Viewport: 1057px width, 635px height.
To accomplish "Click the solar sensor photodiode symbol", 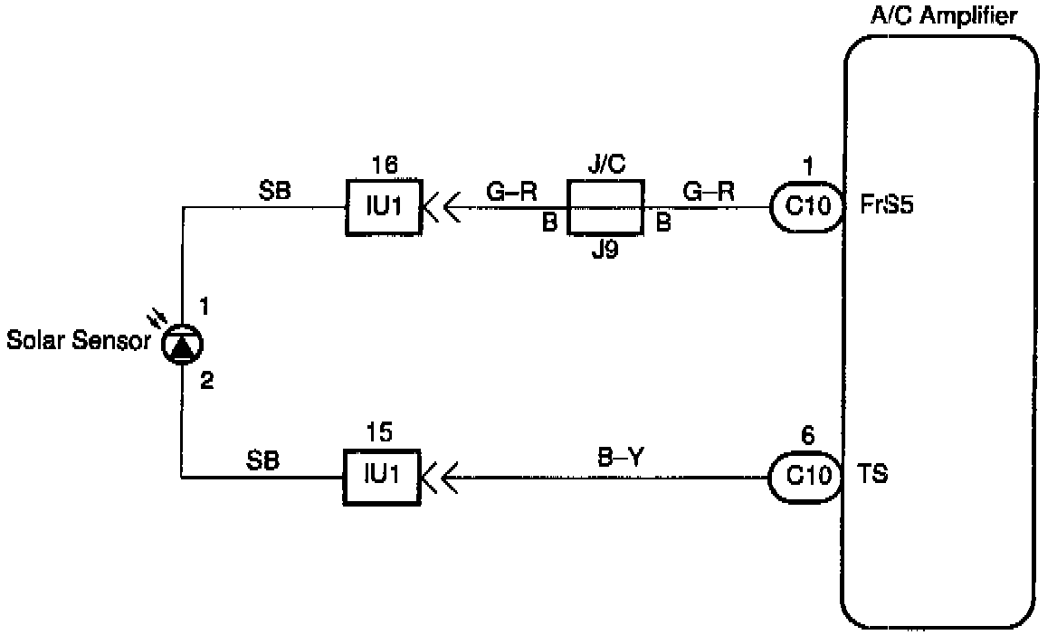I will (x=182, y=344).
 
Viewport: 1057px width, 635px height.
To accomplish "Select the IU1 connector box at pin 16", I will (x=384, y=207).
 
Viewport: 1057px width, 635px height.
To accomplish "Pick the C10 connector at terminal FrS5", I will (x=806, y=207).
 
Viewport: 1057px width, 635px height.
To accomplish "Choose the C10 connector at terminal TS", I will (x=806, y=475).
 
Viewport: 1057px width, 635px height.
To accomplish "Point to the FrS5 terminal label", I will (x=888, y=205).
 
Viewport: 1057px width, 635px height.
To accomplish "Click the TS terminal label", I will (x=872, y=474).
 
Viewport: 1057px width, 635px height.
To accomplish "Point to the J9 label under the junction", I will (x=605, y=251).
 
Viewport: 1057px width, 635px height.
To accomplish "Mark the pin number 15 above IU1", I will (x=383, y=432).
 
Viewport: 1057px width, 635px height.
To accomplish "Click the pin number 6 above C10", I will (x=808, y=436).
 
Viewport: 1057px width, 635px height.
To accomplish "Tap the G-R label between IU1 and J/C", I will (x=511, y=191).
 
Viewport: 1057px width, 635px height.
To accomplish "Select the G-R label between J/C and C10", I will (x=709, y=191).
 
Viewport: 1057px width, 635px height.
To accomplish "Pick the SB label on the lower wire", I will (x=262, y=460).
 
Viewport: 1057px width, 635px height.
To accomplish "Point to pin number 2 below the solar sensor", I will (x=207, y=381).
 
